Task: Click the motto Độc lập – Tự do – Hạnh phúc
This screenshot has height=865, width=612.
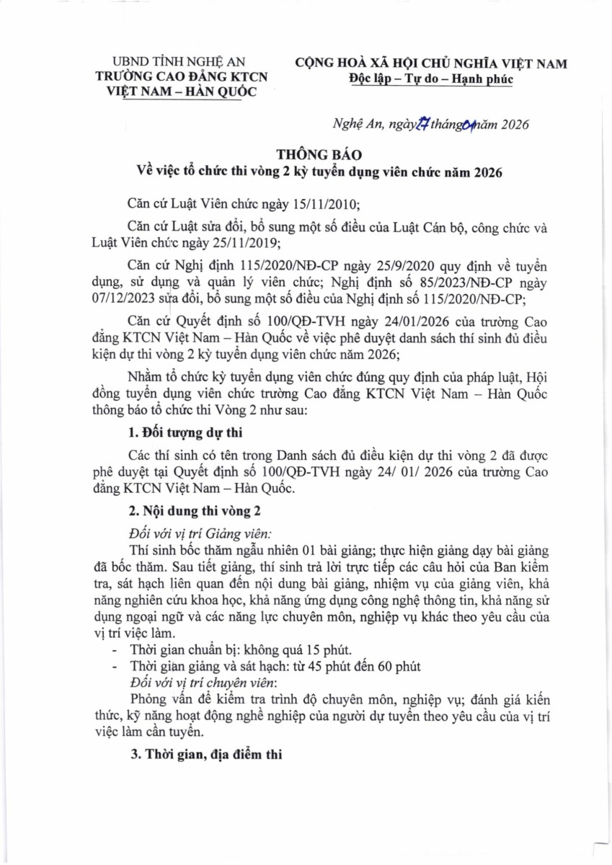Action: click(x=430, y=79)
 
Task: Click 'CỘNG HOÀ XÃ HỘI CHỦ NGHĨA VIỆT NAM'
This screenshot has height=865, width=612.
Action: click(x=430, y=64)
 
